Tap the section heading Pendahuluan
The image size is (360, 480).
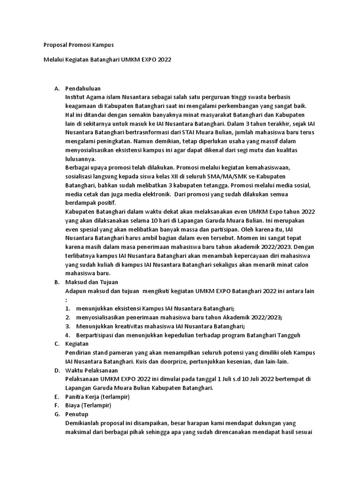(x=83, y=88)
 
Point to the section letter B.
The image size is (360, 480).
(x=56, y=282)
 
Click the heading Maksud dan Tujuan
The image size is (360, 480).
(x=92, y=282)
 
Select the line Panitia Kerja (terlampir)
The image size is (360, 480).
(x=97, y=397)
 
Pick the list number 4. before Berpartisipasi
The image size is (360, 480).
(x=68, y=335)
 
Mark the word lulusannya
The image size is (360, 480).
(x=81, y=159)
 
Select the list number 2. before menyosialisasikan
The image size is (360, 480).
(x=68, y=317)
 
